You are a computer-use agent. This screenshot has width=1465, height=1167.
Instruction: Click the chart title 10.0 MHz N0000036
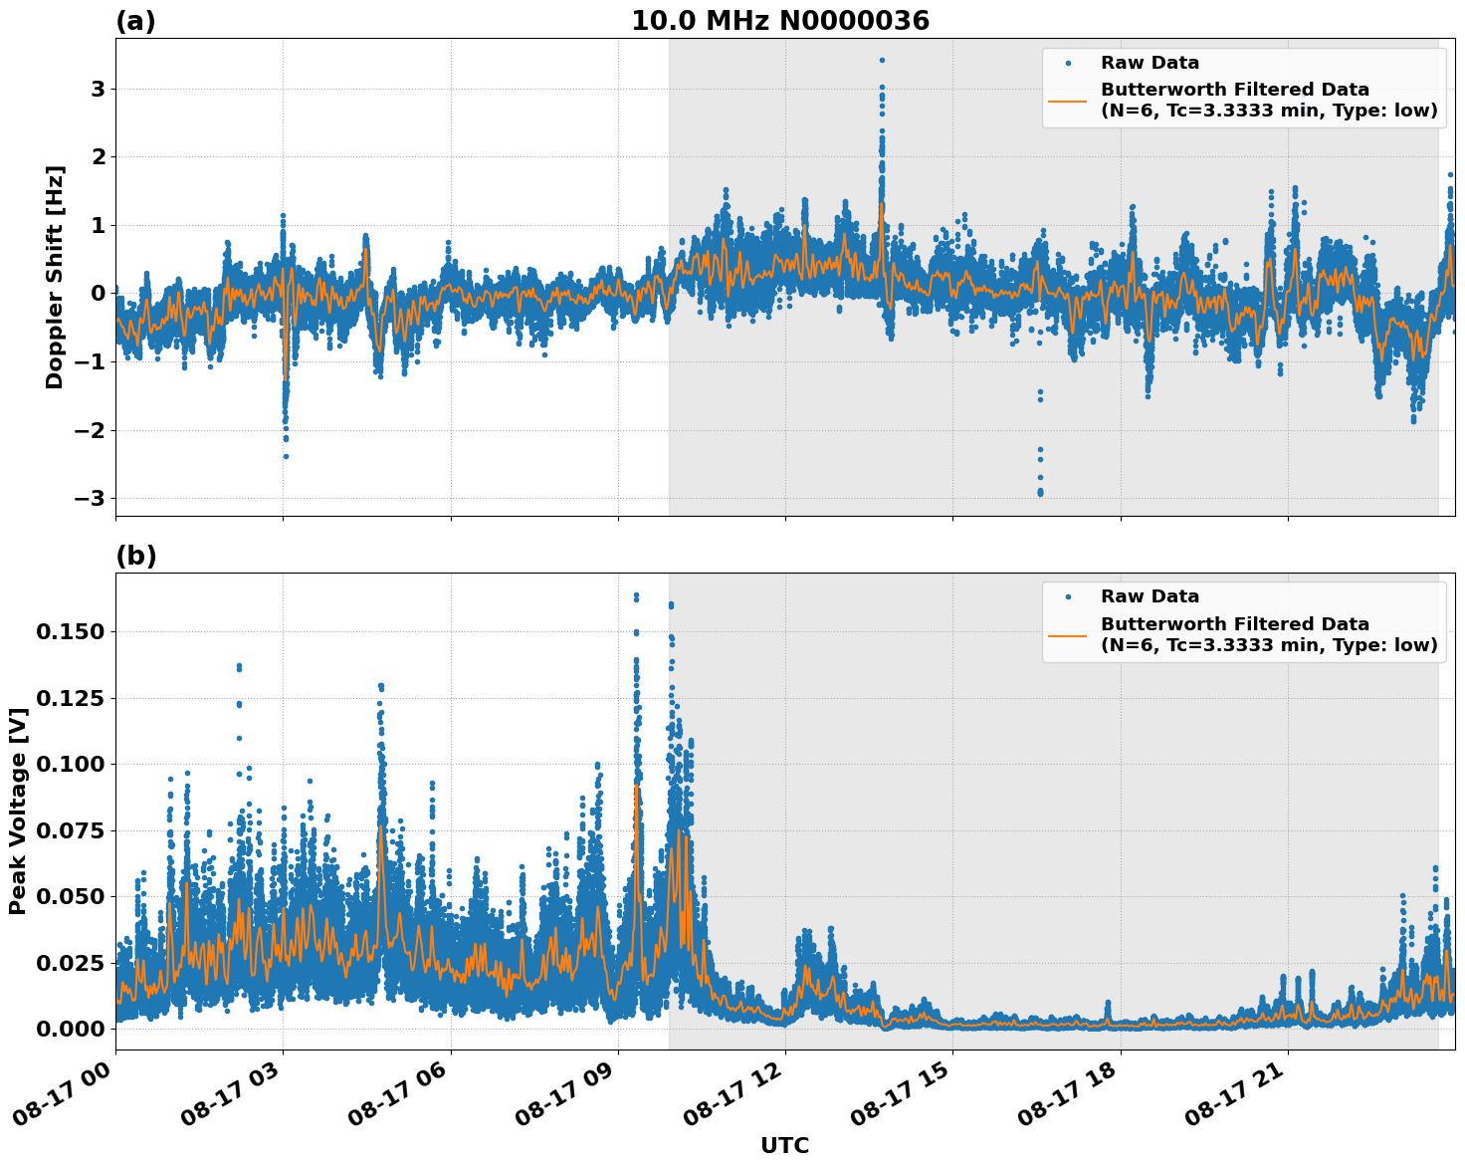(x=779, y=21)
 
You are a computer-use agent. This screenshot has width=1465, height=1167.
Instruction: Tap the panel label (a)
(x=135, y=21)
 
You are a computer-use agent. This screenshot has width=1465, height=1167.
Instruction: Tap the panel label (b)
(x=135, y=556)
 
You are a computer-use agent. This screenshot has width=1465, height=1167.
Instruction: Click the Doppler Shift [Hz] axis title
(x=55, y=277)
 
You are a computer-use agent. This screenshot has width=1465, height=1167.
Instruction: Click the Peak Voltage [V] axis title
(x=18, y=811)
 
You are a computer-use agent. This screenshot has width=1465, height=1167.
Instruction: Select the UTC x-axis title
(x=784, y=1145)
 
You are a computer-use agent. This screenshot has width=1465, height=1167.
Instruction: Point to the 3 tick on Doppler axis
(x=98, y=89)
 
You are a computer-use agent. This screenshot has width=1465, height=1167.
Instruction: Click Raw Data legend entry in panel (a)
(x=1150, y=63)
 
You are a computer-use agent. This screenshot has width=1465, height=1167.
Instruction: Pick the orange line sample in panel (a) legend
(x=1067, y=100)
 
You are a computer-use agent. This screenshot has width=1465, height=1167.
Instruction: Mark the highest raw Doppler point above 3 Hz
(x=882, y=60)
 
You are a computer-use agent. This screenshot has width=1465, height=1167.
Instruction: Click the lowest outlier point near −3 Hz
(x=1040, y=493)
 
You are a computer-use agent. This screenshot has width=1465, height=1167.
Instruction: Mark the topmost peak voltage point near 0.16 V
(x=636, y=595)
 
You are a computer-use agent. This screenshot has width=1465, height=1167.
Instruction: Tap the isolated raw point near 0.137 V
(x=239, y=666)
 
